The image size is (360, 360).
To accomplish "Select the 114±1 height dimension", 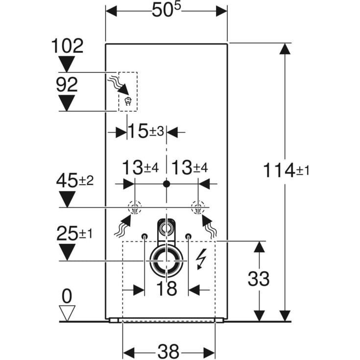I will click(286, 171).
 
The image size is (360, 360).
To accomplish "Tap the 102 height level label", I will click(67, 47).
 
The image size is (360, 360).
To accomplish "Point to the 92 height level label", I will click(66, 85).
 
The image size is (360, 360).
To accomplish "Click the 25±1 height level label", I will click(73, 234).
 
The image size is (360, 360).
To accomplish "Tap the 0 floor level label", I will click(67, 296).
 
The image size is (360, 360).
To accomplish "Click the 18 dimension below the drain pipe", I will click(167, 289).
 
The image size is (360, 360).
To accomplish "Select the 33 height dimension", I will click(259, 279).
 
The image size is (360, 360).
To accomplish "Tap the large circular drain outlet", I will click(167, 260).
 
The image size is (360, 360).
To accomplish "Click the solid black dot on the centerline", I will click(167, 184).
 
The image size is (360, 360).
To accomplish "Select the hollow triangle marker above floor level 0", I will click(67, 312).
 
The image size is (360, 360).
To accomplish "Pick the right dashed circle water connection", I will click(198, 208).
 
